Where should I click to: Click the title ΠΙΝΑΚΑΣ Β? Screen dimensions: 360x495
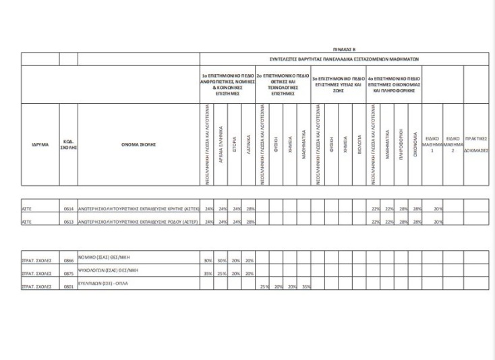click(x=346, y=49)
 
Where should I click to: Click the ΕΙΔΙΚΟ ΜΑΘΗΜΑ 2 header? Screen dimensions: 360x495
click(x=453, y=144)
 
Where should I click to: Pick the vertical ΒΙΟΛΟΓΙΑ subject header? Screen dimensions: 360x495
click(x=361, y=144)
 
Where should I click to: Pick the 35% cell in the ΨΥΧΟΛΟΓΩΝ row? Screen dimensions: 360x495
click(x=208, y=274)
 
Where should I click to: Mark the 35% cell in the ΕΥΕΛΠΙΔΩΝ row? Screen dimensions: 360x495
click(x=306, y=287)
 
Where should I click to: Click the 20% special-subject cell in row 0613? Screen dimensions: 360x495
click(x=438, y=222)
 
